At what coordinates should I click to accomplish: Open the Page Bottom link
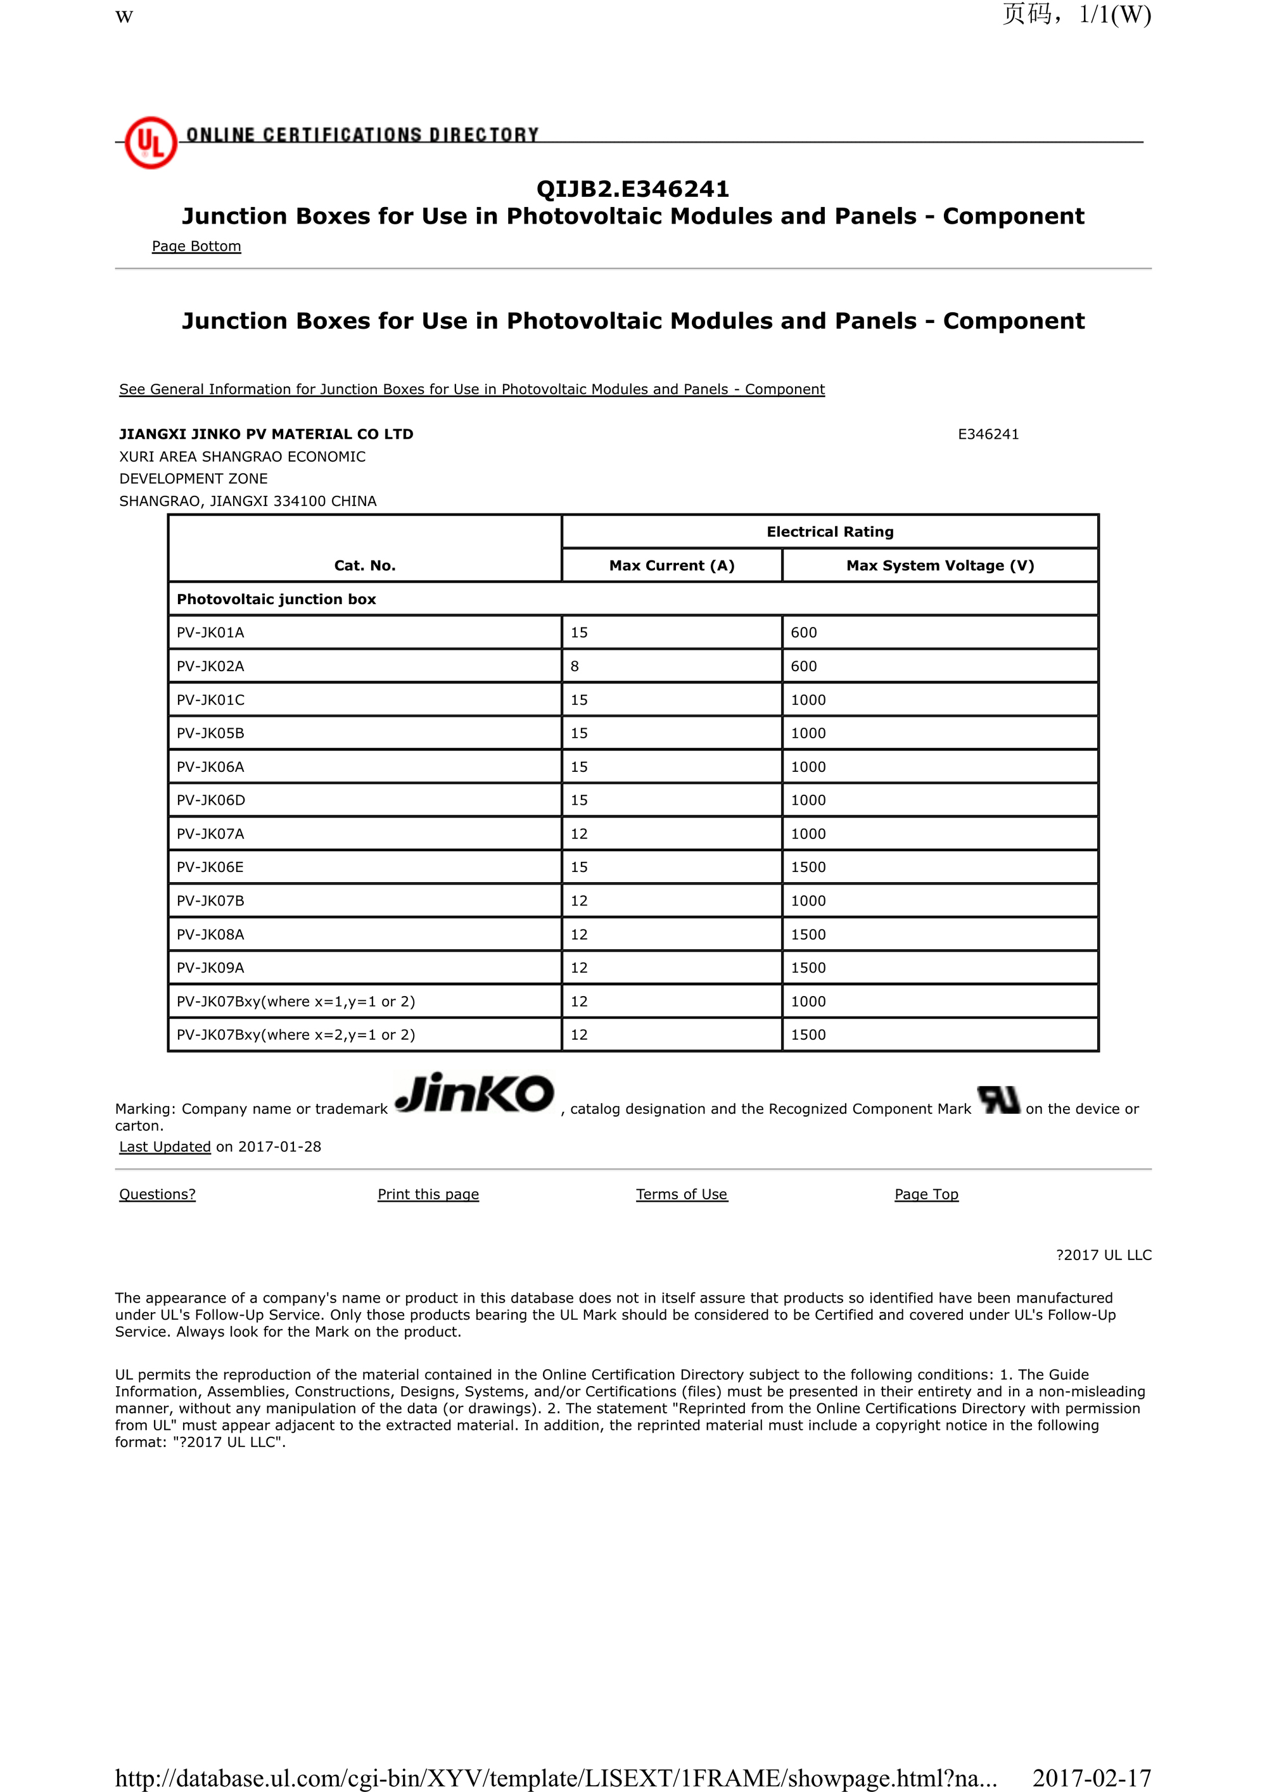[x=196, y=246]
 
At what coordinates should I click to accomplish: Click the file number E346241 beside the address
[x=988, y=435]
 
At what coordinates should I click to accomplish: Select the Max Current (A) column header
[x=672, y=566]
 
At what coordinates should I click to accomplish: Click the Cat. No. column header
[x=364, y=566]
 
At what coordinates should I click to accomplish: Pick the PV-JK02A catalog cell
[x=211, y=667]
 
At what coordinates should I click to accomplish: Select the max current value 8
[x=575, y=667]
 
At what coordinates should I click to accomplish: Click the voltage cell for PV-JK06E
[x=808, y=867]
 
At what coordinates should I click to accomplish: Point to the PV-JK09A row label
[x=211, y=968]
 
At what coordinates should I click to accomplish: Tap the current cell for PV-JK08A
[x=578, y=934]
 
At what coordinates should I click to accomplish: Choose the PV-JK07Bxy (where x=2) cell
[x=296, y=1035]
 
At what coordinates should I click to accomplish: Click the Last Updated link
[x=165, y=1147]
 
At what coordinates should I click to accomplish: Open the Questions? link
[x=157, y=1194]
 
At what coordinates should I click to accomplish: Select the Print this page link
[x=428, y=1194]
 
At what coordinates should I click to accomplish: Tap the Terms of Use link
[x=682, y=1194]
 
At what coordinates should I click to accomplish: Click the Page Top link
[x=926, y=1194]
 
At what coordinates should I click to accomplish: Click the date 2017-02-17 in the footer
[x=1091, y=1777]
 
